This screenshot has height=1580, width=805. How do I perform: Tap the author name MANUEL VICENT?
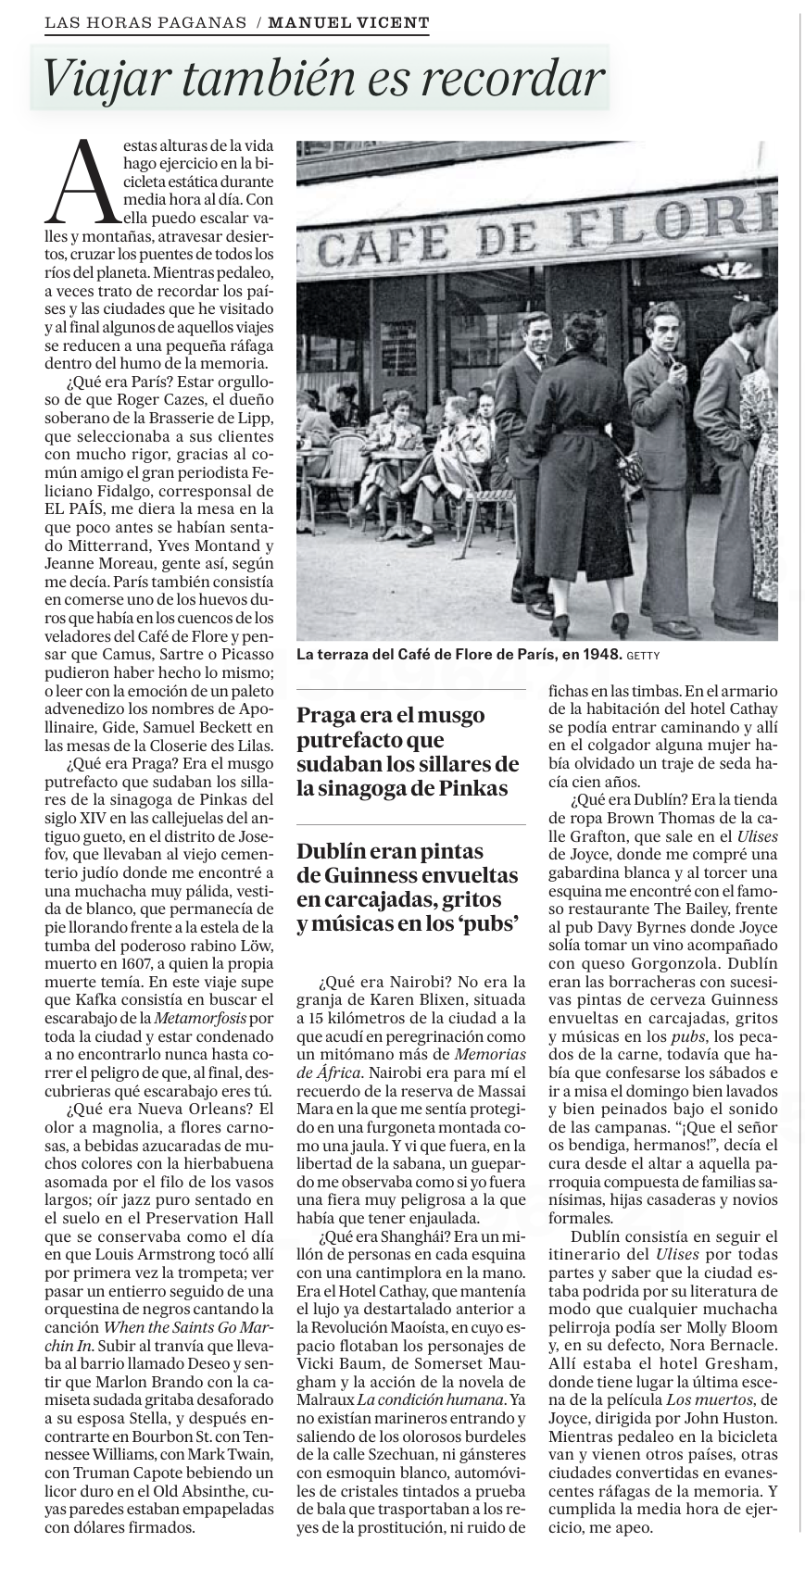tap(348, 22)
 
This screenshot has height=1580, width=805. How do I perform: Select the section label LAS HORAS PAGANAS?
tap(145, 22)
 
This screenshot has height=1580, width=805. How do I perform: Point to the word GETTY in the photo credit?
tap(644, 656)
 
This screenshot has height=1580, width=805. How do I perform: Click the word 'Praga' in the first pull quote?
tap(324, 715)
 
